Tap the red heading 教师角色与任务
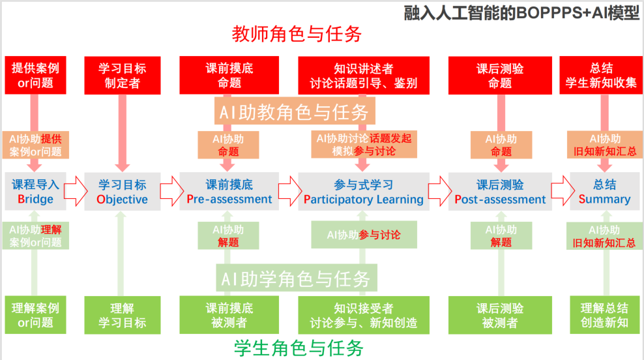(297, 33)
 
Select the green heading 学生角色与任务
(299, 348)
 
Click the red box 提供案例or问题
(36, 76)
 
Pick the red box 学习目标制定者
(122, 76)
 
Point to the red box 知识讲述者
(364, 76)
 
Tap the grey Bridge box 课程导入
(36, 192)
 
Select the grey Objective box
(122, 192)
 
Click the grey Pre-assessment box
(229, 192)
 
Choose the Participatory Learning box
(364, 192)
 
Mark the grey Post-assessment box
(500, 192)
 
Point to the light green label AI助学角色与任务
(295, 279)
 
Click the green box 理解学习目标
(122, 315)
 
